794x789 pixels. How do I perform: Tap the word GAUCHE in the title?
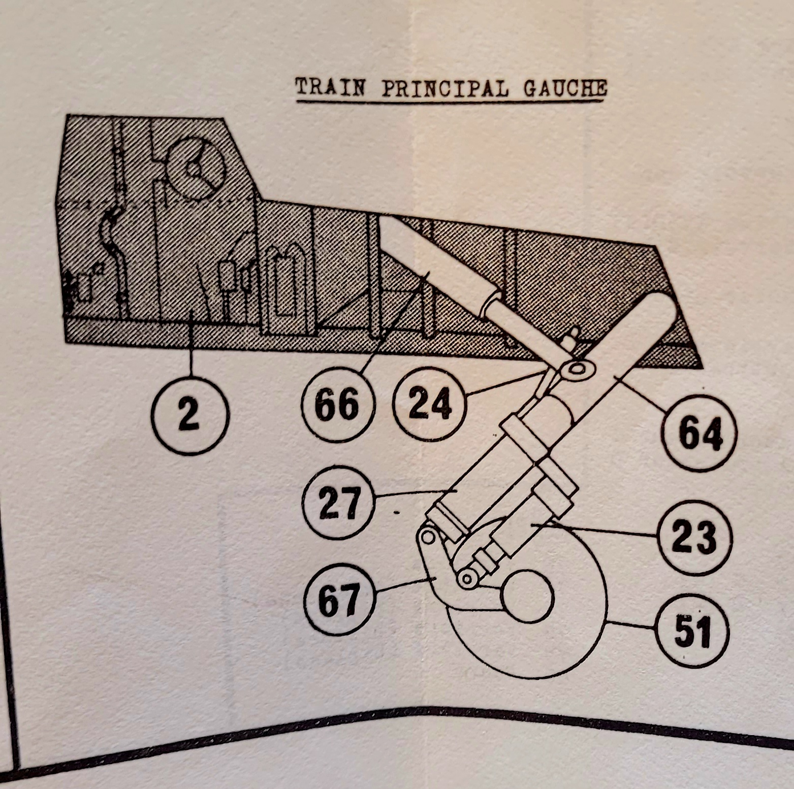[565, 88]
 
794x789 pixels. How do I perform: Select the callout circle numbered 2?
[189, 416]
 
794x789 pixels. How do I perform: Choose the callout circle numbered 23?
[694, 537]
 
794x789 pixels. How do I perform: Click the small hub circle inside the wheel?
[527, 596]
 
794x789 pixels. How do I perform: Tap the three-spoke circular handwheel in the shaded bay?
[196, 168]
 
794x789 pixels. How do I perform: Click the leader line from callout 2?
[191, 347]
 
